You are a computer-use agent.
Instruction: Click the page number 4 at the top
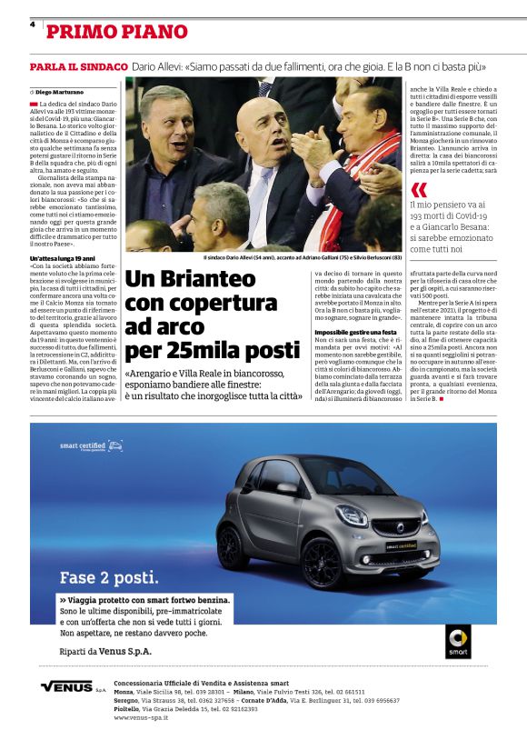pyautogui.click(x=32, y=25)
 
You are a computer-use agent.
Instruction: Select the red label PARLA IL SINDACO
pyautogui.click(x=78, y=67)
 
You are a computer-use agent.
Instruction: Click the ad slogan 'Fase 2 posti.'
pyautogui.click(x=108, y=577)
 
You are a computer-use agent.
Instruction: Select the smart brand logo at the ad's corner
pyautogui.click(x=458, y=640)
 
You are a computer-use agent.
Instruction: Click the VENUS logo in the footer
pyautogui.click(x=68, y=686)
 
